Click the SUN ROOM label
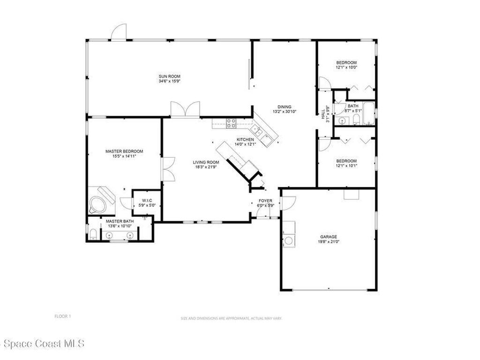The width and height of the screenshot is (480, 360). (169, 76)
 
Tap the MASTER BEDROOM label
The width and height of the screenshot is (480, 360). (124, 151)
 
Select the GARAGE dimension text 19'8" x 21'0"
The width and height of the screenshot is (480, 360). (329, 242)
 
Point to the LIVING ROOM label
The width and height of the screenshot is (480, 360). (206, 163)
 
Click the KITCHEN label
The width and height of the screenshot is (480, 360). (245, 140)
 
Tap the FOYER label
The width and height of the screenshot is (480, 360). (265, 201)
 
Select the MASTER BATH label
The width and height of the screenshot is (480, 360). (120, 221)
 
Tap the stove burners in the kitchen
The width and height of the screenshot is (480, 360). (231, 123)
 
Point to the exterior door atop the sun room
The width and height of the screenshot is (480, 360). (119, 32)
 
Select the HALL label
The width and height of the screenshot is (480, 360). (323, 113)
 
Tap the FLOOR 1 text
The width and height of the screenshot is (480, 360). (62, 316)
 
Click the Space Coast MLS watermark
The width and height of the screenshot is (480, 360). (42, 344)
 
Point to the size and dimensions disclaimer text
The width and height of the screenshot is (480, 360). (231, 318)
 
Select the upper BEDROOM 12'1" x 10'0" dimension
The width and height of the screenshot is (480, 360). (346, 67)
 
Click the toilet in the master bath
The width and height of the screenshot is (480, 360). (93, 234)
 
